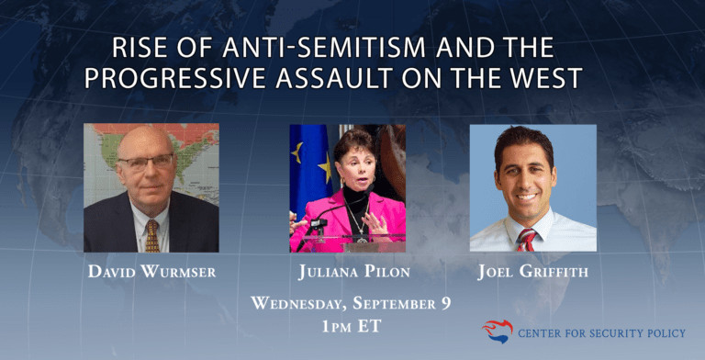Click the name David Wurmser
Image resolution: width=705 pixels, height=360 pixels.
pos(151,272)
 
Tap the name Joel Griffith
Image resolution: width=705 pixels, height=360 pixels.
pos(532,272)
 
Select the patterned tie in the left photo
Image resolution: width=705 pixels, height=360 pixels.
pos(151,234)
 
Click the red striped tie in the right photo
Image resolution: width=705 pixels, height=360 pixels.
pos(526,240)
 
